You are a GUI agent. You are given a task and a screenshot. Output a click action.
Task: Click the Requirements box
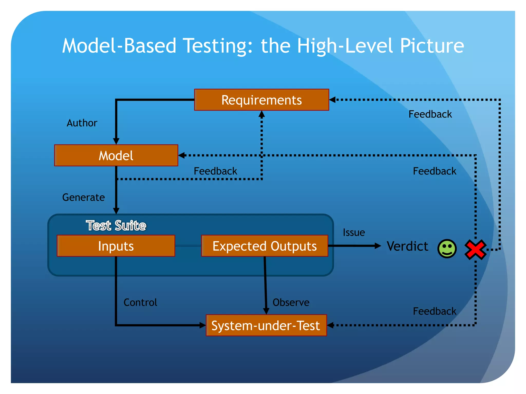coord(261,100)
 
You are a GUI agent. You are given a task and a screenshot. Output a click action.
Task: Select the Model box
coord(116,155)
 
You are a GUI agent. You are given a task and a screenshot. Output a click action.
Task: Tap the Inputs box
coord(116,246)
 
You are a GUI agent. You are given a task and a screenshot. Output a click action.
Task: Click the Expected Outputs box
coord(265,246)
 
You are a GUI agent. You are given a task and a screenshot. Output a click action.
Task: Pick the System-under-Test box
coord(266,325)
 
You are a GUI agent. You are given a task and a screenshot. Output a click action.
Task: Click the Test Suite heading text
coord(116,225)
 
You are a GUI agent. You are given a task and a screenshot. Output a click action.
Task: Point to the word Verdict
coord(407,246)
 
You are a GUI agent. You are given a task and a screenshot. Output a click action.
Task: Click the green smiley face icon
coord(447,249)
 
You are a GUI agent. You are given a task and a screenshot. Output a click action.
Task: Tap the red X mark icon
coord(475,249)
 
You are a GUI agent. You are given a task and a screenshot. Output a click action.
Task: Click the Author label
coord(82,123)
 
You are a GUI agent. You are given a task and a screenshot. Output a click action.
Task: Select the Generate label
coord(83,197)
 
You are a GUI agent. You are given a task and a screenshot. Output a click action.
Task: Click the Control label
coord(140,302)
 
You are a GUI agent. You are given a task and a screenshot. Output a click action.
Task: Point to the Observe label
coord(291,302)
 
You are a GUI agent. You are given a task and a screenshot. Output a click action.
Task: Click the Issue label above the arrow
coord(354,232)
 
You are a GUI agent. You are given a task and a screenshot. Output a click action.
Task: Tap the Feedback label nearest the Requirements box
coord(430,114)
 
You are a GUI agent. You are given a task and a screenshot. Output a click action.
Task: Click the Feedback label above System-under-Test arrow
coord(435,311)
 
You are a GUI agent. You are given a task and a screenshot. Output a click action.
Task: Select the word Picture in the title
coord(432,46)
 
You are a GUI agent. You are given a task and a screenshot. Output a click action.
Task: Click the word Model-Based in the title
coord(119,46)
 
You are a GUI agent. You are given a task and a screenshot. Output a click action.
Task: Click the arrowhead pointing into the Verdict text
coord(378,246)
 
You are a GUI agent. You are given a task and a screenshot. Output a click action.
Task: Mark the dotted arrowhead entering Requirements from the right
coord(332,100)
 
